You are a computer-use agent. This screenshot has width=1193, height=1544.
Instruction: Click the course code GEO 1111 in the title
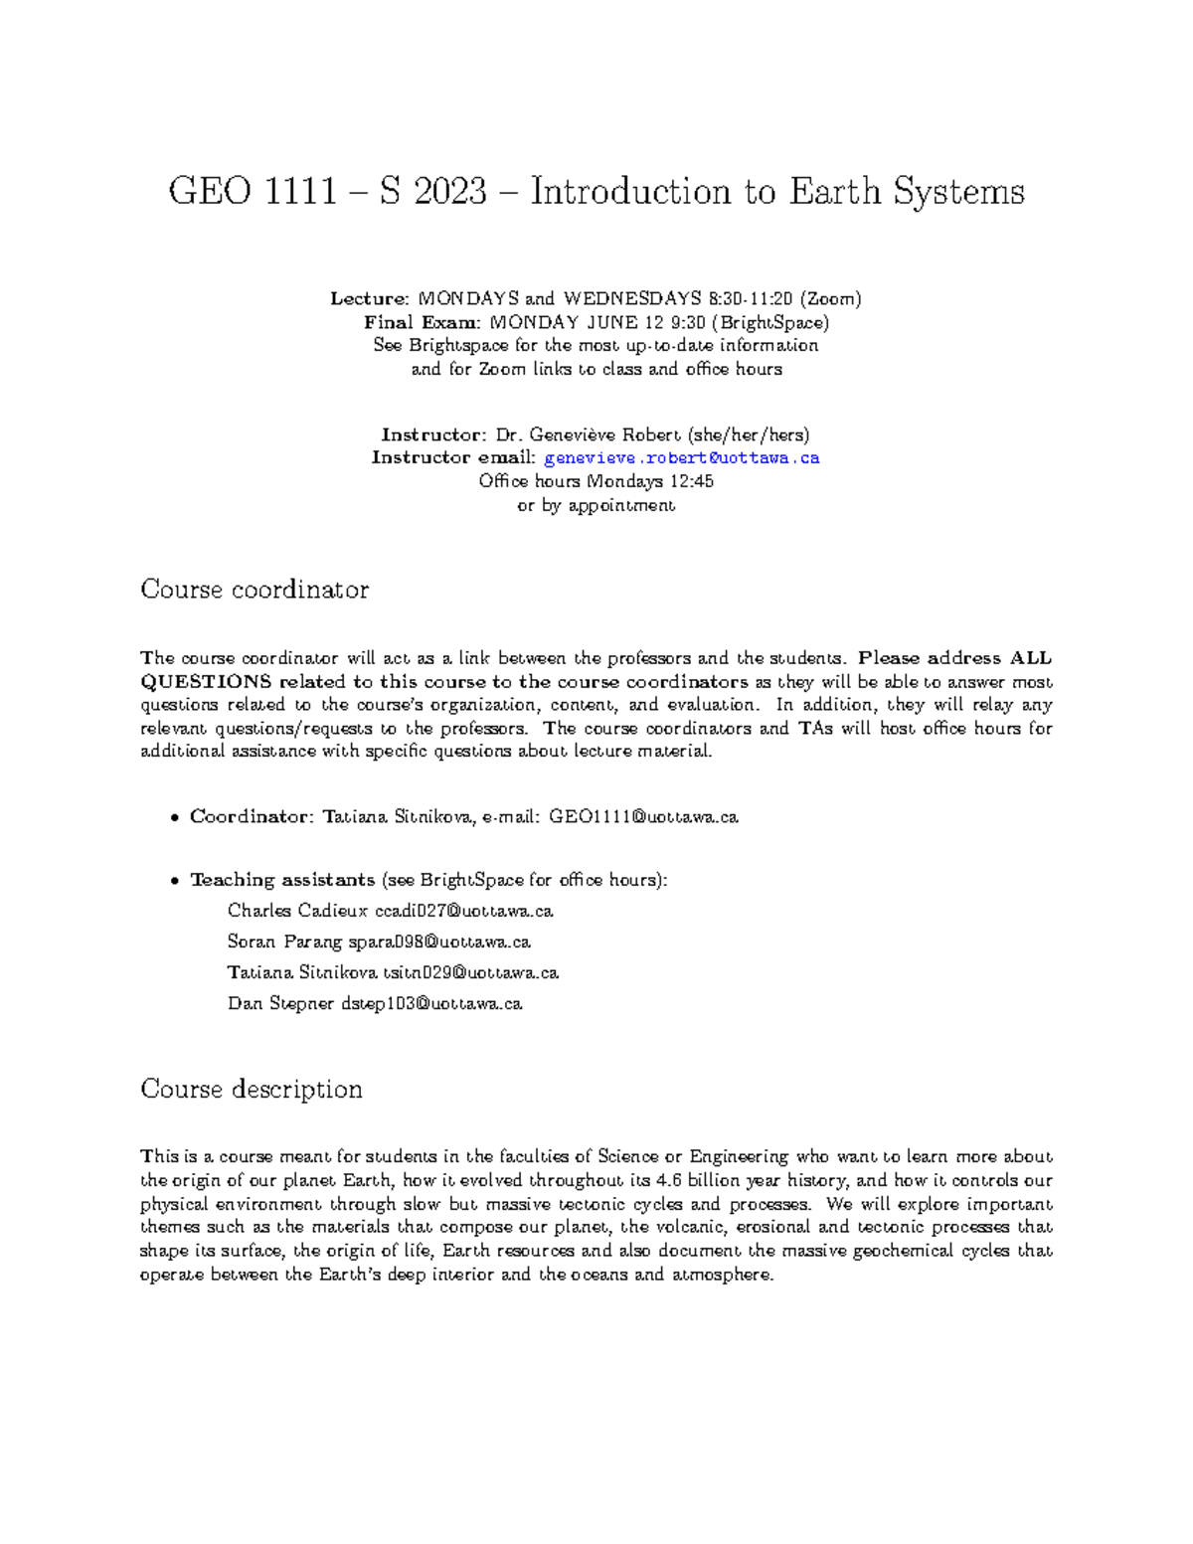pos(253,191)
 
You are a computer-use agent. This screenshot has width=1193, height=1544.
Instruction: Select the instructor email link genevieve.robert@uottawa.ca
pos(682,458)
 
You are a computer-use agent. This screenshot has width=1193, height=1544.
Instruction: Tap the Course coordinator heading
pos(255,590)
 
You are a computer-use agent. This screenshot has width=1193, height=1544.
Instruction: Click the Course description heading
pos(252,1090)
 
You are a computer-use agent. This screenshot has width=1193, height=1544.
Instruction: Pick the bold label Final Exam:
pos(423,322)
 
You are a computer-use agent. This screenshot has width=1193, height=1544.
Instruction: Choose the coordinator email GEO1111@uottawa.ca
pos(644,817)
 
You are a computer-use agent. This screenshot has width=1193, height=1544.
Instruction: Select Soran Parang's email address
pos(439,942)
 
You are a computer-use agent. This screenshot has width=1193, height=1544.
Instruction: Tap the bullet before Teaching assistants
pos(174,881)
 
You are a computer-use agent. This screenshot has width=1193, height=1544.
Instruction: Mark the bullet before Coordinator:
pos(174,818)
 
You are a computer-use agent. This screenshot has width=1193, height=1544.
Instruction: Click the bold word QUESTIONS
pos(206,682)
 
